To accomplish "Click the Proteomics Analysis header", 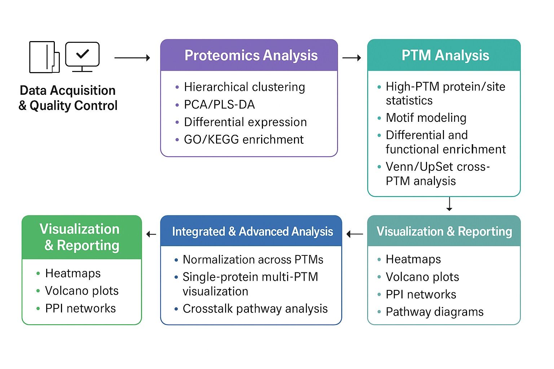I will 251,55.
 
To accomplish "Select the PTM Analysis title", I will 445,55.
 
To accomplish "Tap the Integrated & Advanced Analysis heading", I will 252,231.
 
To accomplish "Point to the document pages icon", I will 44,57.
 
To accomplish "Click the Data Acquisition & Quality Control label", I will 68,98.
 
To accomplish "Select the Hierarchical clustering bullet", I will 244,87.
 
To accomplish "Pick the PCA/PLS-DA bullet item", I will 219,105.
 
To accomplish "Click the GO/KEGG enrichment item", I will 243,139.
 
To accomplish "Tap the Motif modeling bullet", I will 426,118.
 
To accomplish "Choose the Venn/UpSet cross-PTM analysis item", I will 437,174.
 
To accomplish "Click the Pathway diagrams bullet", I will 434,312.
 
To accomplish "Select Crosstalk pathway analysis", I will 255,309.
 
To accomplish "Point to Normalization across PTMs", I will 253,259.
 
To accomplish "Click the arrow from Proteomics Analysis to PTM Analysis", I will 351,58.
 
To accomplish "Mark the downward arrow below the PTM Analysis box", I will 449,204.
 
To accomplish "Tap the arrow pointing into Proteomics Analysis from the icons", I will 132,58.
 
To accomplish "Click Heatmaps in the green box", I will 73,274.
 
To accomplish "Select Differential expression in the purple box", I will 245,122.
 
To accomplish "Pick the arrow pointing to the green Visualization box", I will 151,235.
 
